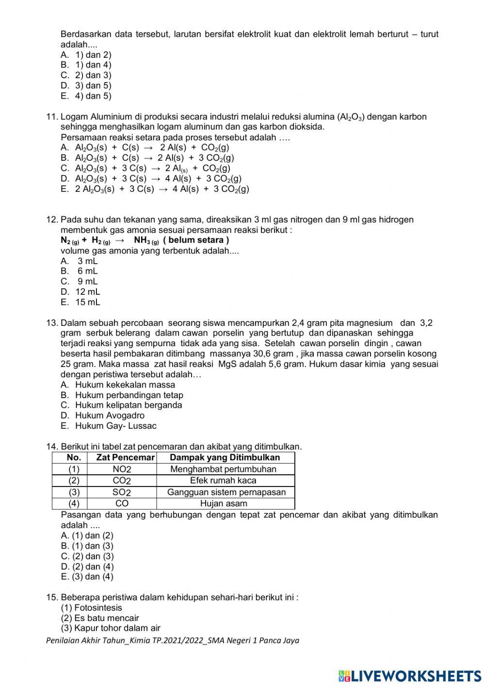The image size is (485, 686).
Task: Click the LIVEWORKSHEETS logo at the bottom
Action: [x=410, y=676]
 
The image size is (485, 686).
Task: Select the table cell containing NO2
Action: [x=122, y=469]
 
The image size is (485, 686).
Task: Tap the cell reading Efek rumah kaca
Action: [x=223, y=481]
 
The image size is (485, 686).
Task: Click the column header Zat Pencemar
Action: [x=125, y=457]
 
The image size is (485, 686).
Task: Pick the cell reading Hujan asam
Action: [x=224, y=503]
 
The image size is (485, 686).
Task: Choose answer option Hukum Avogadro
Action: [x=109, y=416]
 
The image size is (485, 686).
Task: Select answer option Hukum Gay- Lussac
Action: [x=115, y=426]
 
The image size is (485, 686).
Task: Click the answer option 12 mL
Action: [x=87, y=292]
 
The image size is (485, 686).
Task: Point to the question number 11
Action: [x=52, y=117]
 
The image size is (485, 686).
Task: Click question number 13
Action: [x=52, y=323]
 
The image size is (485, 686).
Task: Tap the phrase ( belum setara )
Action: [x=196, y=240]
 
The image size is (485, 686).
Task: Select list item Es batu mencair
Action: [x=100, y=618]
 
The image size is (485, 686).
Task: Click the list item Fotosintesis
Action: [x=92, y=608]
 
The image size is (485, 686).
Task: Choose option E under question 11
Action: [x=162, y=189]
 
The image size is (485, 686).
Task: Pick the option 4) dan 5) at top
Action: [x=92, y=96]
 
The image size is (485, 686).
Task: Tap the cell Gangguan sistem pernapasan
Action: [x=226, y=492]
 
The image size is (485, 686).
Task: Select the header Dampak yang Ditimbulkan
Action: [x=225, y=457]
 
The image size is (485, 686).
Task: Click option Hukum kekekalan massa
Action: [x=125, y=385]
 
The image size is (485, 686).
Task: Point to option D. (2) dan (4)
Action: [x=87, y=567]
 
